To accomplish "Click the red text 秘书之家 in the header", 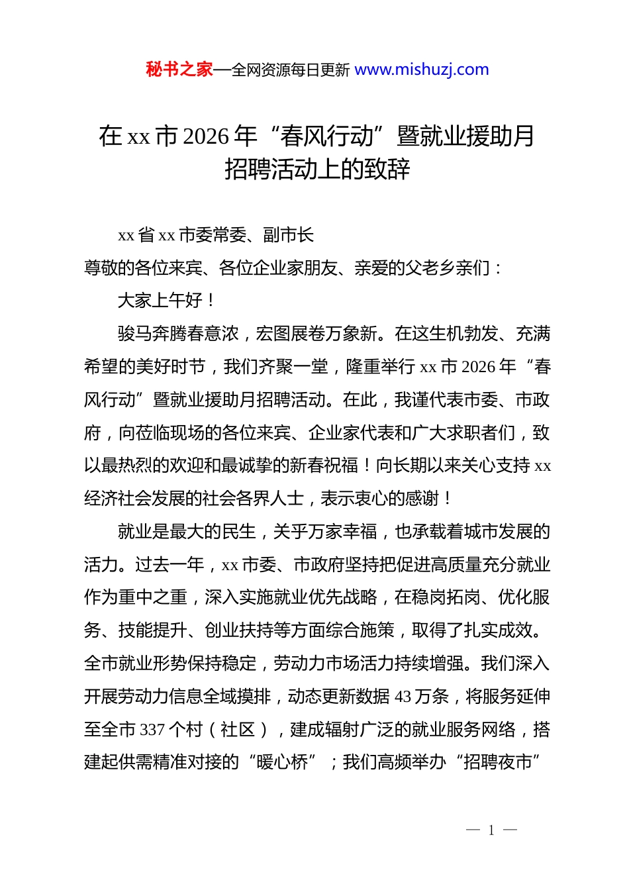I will pyautogui.click(x=179, y=70).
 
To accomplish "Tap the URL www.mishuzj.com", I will pyautogui.click(x=422, y=70).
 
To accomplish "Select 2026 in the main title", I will pyautogui.click(x=206, y=136).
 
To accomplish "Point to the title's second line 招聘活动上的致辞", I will pyautogui.click(x=317, y=170).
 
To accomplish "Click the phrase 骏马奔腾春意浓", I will pyautogui.click(x=178, y=334).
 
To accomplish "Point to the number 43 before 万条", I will pyautogui.click(x=403, y=697).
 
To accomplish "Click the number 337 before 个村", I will pyautogui.click(x=152, y=730).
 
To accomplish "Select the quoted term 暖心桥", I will pyautogui.click(x=282, y=763).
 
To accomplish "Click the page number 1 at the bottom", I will pyautogui.click(x=491, y=830).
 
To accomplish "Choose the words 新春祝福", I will pyautogui.click(x=324, y=466).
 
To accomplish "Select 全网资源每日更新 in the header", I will pyautogui.click(x=291, y=70).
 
